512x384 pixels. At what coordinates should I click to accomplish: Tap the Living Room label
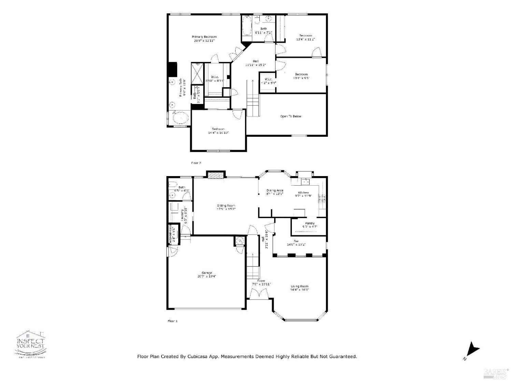(299, 286)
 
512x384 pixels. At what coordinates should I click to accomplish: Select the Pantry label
(310, 223)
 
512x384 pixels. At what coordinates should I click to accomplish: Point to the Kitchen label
(303, 193)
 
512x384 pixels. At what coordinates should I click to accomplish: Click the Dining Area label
(275, 190)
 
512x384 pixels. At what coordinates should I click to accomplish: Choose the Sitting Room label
(226, 206)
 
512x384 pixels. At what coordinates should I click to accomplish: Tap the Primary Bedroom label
(204, 37)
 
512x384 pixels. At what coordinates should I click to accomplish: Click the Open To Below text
(290, 116)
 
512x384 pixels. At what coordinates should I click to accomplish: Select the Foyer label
(261, 281)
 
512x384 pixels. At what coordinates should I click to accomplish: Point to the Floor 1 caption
(173, 321)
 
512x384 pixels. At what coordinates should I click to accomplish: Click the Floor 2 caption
(196, 163)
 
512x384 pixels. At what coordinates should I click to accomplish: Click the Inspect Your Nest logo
(31, 344)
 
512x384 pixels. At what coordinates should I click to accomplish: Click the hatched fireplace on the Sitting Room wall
(214, 175)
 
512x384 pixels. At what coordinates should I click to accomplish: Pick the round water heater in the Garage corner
(240, 241)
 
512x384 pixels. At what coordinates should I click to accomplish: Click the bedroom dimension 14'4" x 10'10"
(218, 133)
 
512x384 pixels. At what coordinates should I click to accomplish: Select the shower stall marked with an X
(197, 73)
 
